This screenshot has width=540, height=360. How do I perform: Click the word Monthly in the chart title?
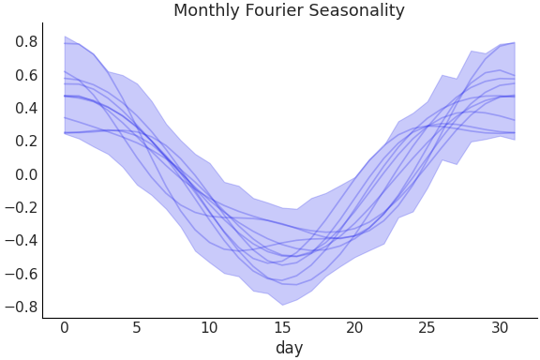(x=204, y=11)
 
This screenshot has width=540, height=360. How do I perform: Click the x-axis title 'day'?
(x=289, y=348)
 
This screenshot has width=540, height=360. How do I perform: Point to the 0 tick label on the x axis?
(x=65, y=327)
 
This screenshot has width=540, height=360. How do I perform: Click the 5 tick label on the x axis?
(x=137, y=327)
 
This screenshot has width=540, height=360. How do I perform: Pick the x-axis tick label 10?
(x=209, y=327)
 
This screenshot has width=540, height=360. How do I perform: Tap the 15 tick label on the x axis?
(x=281, y=327)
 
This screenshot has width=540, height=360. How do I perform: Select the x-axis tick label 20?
(x=354, y=327)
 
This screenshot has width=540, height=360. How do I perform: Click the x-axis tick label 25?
(x=427, y=327)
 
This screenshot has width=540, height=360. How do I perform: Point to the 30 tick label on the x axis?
(x=499, y=327)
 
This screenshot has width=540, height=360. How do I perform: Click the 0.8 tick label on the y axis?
(x=26, y=42)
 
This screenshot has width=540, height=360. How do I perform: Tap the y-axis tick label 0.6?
(x=26, y=75)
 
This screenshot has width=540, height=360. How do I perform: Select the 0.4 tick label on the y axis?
(x=26, y=108)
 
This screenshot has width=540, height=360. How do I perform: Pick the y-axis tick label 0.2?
(x=26, y=142)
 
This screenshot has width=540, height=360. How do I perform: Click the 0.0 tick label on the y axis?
(x=26, y=174)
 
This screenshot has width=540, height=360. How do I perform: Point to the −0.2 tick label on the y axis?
(x=22, y=207)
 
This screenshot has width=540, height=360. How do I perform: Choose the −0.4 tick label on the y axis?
(x=22, y=241)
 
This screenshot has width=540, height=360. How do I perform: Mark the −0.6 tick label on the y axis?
(x=22, y=274)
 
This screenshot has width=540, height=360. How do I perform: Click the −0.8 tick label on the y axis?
(x=22, y=307)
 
